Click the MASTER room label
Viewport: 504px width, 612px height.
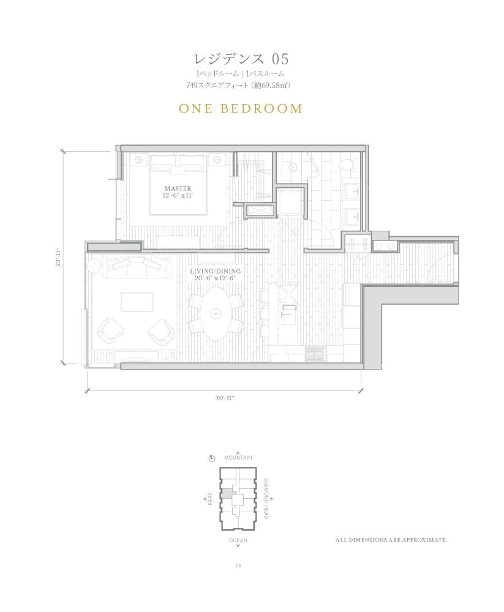pyautogui.click(x=178, y=188)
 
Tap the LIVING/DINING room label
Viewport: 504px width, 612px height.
pyautogui.click(x=216, y=271)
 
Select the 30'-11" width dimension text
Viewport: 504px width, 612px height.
pyautogui.click(x=224, y=398)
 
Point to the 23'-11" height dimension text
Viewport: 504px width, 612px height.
pyautogui.click(x=58, y=258)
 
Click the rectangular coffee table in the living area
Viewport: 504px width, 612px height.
pyautogui.click(x=137, y=302)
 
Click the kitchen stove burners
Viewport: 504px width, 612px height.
pyautogui.click(x=315, y=353)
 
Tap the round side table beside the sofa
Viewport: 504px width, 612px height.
pyautogui.click(x=94, y=267)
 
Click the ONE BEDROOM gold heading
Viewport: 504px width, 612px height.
pyautogui.click(x=241, y=108)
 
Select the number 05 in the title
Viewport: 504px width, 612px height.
pyautogui.click(x=280, y=59)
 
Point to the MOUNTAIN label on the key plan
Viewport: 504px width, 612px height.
pyautogui.click(x=238, y=457)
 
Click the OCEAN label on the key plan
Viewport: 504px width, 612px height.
pyautogui.click(x=238, y=540)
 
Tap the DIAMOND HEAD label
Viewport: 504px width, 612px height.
pyautogui.click(x=266, y=498)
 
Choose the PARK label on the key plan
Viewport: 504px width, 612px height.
pyautogui.click(x=210, y=499)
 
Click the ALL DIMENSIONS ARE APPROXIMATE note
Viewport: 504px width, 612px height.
pyautogui.click(x=391, y=540)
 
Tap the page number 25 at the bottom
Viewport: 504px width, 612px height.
pyautogui.click(x=238, y=566)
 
